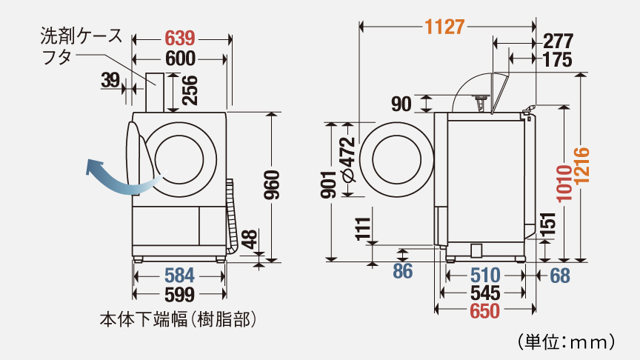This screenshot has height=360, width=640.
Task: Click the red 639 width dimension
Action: pyautogui.click(x=180, y=39)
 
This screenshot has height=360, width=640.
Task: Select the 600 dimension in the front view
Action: pyautogui.click(x=181, y=59)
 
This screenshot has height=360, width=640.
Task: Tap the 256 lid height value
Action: pyautogui.click(x=190, y=90)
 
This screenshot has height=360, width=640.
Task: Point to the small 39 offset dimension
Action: pyautogui.click(x=110, y=81)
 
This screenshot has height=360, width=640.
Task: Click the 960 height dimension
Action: pyautogui.click(x=272, y=185)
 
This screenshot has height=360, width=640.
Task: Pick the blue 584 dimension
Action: pyautogui.click(x=179, y=276)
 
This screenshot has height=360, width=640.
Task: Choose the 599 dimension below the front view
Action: pyautogui.click(x=179, y=294)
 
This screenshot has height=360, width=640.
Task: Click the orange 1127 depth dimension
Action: pyautogui.click(x=444, y=27)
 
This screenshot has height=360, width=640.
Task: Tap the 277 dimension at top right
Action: pyautogui.click(x=559, y=41)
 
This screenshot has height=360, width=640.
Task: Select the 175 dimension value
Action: pyautogui.click(x=558, y=59)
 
